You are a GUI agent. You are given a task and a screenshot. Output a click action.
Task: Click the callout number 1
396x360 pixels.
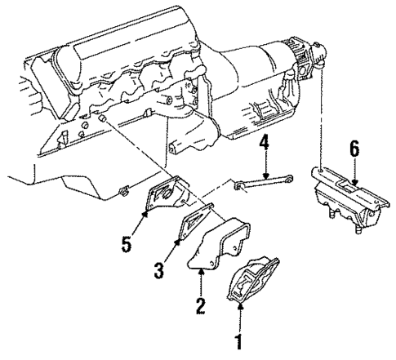tap(238, 341)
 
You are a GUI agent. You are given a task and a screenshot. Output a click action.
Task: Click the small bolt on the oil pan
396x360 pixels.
tap(122, 193)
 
